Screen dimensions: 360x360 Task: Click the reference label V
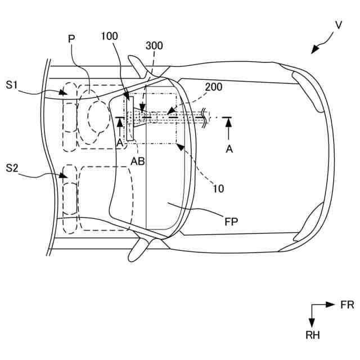pyautogui.click(x=338, y=25)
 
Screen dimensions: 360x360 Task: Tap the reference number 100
pyautogui.click(x=110, y=37)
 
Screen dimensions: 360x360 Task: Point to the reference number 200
pyautogui.click(x=213, y=87)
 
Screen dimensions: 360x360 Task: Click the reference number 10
pyautogui.click(x=218, y=189)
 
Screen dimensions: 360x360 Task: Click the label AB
pyautogui.click(x=138, y=160)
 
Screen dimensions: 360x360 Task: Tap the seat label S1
pyautogui.click(x=13, y=84)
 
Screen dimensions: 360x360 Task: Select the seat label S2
pyautogui.click(x=13, y=167)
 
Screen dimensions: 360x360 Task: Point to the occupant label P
pyautogui.click(x=71, y=38)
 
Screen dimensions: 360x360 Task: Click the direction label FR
pyautogui.click(x=347, y=305)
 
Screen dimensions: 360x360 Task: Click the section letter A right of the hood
pyautogui.click(x=228, y=148)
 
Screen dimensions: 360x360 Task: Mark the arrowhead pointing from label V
pyautogui.click(x=314, y=51)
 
